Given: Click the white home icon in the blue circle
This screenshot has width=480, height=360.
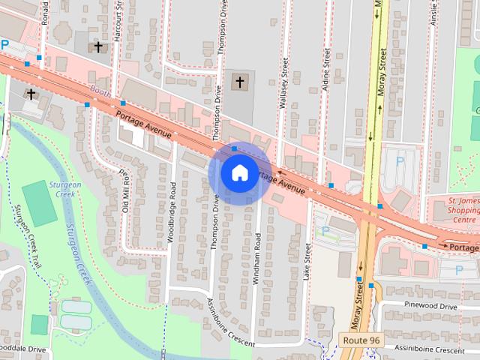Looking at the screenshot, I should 239,172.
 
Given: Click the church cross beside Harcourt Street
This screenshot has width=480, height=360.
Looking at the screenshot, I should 98,47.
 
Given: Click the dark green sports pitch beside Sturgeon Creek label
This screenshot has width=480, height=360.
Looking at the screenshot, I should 39,203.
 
